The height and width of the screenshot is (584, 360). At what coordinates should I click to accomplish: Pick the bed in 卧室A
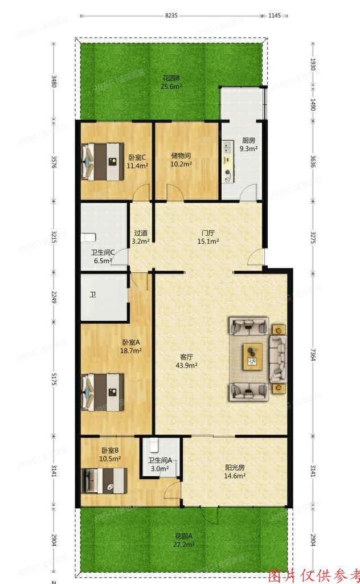[102, 391]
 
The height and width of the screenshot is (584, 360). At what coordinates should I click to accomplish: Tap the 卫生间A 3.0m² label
[160, 465]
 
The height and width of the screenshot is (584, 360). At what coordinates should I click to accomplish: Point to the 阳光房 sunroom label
[234, 471]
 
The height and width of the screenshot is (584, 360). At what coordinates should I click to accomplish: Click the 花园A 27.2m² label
[185, 540]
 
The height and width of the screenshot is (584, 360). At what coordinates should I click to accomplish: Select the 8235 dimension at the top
[171, 16]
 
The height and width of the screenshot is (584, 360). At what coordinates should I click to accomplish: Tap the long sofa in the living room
[278, 358]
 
